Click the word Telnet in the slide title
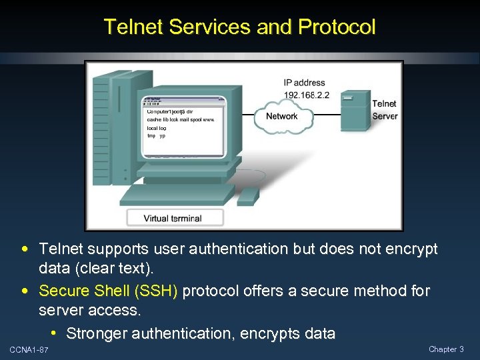click(134, 27)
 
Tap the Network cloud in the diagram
click(282, 116)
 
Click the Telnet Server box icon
click(355, 110)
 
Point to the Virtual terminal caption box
click(173, 218)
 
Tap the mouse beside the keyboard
click(248, 195)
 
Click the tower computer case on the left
click(111, 127)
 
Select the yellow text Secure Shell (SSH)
click(109, 291)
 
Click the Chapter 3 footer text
click(446, 349)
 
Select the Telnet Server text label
click(385, 109)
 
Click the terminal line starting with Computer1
click(171, 111)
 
